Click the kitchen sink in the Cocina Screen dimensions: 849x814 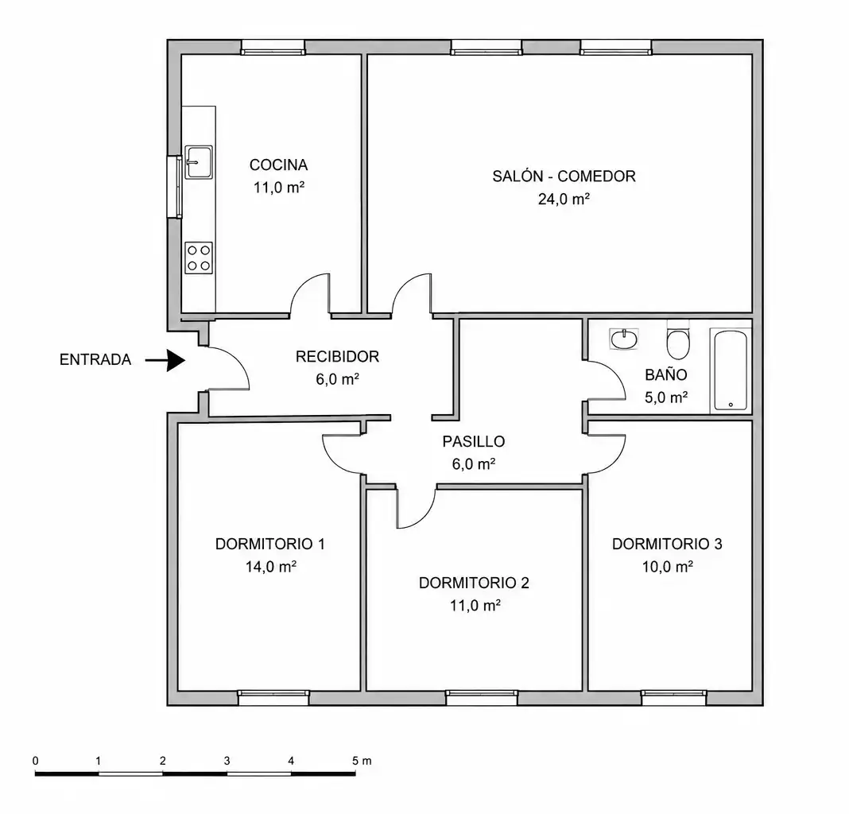click(x=198, y=162)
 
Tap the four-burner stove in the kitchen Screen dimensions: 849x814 click(x=199, y=258)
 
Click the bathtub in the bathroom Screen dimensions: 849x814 click(x=731, y=370)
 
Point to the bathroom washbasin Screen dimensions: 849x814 click(x=624, y=339)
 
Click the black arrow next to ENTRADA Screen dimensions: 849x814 click(x=165, y=359)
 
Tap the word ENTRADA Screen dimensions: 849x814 click(x=95, y=359)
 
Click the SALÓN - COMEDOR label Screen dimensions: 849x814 click(x=564, y=176)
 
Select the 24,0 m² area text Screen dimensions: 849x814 click(x=564, y=200)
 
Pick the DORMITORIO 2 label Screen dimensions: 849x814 click(x=474, y=583)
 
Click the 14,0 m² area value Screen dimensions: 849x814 click(x=271, y=567)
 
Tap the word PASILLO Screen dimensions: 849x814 click(x=474, y=441)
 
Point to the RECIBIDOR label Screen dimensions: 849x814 click(x=337, y=356)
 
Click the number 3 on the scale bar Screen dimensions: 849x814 click(x=227, y=761)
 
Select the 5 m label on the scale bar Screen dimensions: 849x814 click(x=362, y=761)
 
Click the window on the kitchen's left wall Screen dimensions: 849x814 click(x=175, y=186)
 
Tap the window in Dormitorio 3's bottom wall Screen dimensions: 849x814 click(x=674, y=697)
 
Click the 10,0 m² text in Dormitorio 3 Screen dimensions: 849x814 click(x=668, y=567)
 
